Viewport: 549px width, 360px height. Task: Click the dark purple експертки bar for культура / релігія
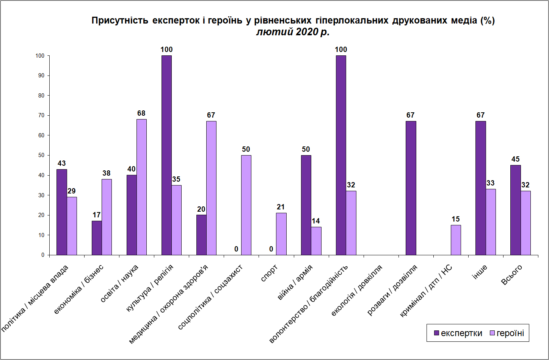166,155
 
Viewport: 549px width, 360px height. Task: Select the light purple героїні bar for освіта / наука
141,187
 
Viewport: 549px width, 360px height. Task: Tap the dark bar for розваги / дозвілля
411,188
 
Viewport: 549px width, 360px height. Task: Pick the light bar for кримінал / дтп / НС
456,240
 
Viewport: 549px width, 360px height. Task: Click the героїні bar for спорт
281,234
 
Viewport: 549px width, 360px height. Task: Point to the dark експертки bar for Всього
515,210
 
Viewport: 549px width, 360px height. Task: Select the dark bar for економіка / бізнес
97,238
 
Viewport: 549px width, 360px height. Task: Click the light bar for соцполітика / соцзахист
246,205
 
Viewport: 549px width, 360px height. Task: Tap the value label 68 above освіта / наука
141,113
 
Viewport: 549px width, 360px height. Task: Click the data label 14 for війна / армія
316,221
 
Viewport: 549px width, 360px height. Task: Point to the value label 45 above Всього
515,159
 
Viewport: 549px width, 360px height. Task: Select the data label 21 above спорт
281,207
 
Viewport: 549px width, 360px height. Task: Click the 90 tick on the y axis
41,75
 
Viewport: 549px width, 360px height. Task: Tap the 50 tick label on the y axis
41,155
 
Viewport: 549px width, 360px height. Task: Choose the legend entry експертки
458,333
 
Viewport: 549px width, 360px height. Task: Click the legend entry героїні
507,333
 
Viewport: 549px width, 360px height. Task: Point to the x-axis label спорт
269,273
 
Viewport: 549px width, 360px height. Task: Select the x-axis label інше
479,272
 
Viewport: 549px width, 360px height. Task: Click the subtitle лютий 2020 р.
293,32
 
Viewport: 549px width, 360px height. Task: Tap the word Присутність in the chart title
120,20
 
